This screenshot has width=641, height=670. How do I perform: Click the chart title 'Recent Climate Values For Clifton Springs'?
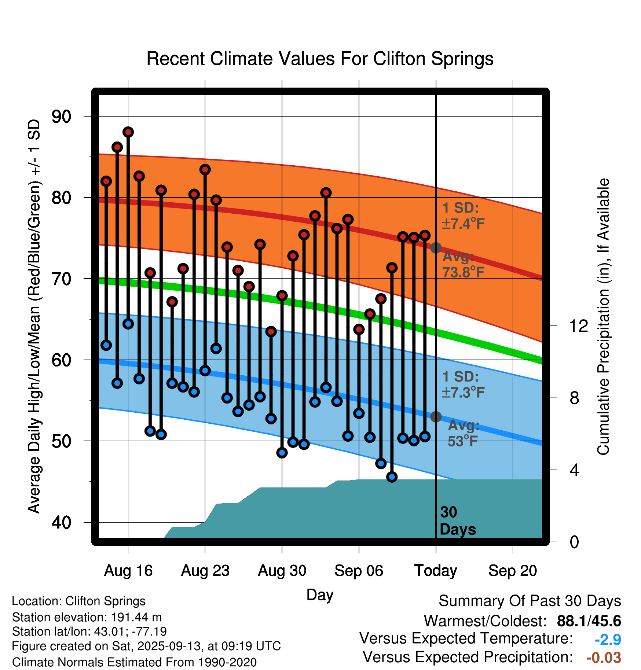click(320, 59)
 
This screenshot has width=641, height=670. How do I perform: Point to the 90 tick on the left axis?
click(62, 117)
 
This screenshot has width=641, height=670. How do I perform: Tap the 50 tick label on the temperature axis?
click(62, 441)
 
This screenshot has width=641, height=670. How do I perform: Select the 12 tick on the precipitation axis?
click(578, 326)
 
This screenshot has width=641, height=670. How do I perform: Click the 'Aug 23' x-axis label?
click(205, 571)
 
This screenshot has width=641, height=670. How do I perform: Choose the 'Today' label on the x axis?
click(436, 571)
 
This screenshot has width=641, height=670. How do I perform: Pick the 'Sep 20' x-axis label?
click(512, 571)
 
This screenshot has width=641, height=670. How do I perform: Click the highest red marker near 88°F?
click(128, 132)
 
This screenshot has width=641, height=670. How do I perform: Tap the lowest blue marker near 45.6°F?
click(392, 477)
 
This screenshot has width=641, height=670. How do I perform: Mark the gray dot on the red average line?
click(436, 248)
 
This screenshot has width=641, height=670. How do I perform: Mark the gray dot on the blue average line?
click(436, 417)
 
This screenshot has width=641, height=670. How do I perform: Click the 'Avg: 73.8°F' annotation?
click(463, 264)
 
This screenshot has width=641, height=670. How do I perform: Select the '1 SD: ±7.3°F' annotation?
click(463, 384)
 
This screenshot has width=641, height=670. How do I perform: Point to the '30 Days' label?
click(457, 521)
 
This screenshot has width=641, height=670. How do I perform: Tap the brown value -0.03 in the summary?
click(604, 658)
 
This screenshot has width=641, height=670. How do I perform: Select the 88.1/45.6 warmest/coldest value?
click(589, 621)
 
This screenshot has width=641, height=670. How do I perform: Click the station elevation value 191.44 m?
click(136, 617)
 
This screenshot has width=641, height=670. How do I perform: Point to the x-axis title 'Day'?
click(320, 594)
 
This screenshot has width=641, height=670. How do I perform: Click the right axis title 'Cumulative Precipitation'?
click(603, 317)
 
